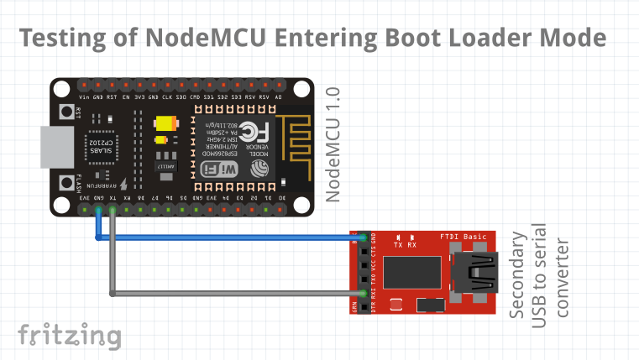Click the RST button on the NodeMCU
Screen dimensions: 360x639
[64, 112]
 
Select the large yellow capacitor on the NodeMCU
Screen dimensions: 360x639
[165, 123]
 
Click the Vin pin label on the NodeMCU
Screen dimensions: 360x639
[84, 97]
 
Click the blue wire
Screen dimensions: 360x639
[227, 237]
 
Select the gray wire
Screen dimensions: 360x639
[227, 294]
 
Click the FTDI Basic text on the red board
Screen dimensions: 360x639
[464, 237]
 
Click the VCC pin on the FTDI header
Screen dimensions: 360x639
[363, 264]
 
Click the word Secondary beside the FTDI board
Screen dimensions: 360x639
[520, 275]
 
